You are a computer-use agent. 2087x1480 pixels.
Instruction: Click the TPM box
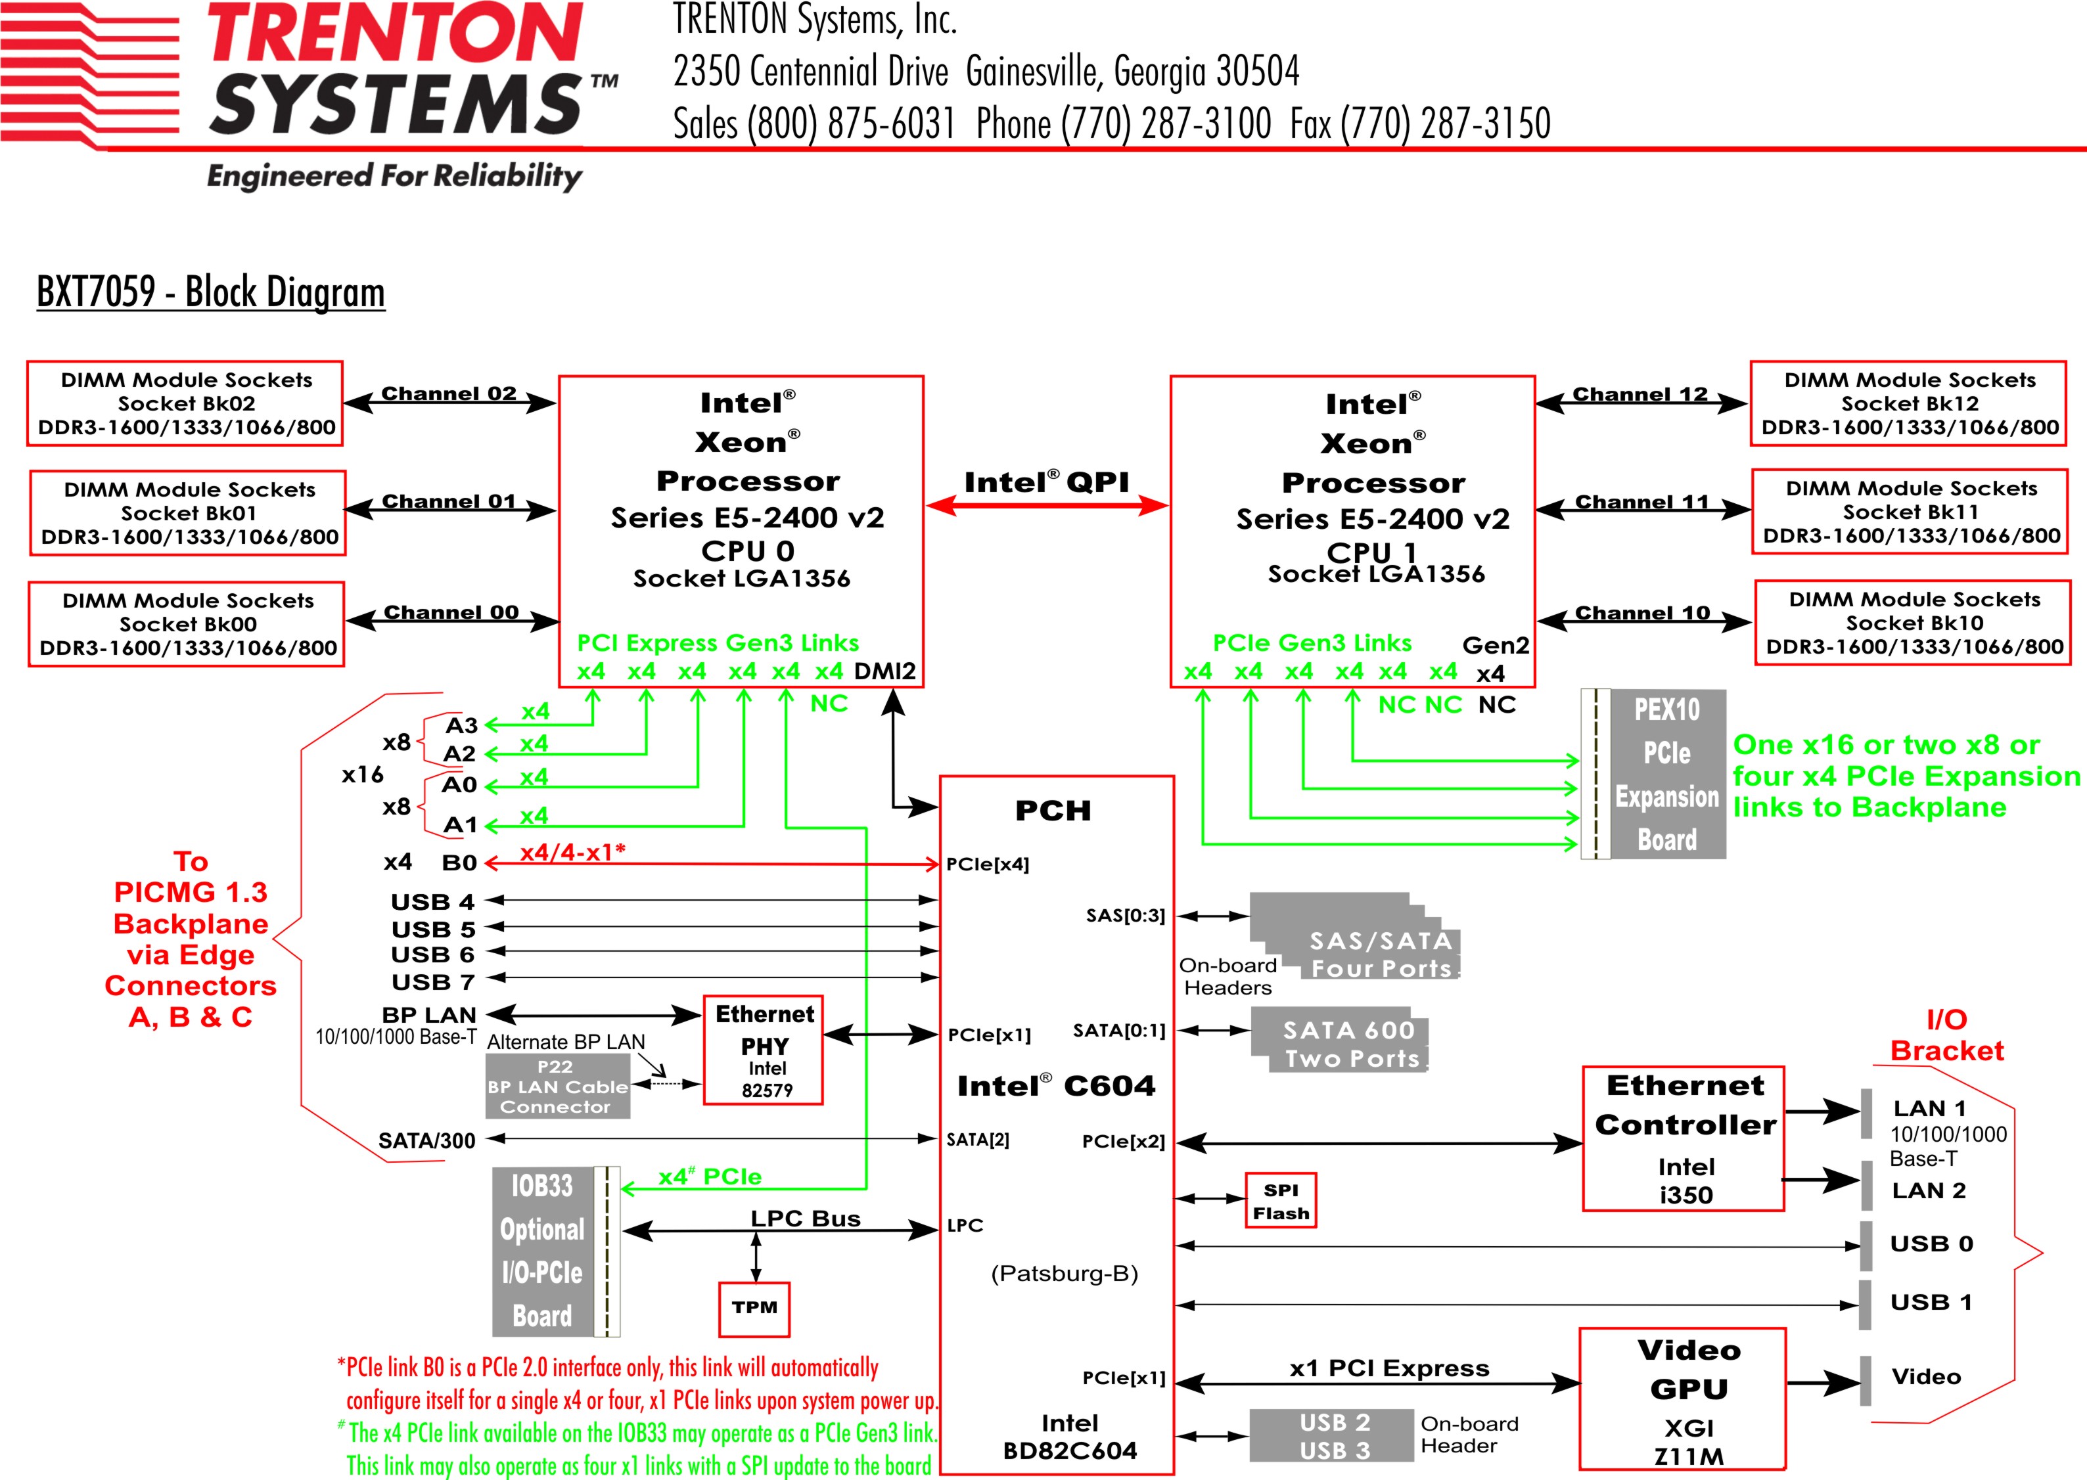(x=754, y=1309)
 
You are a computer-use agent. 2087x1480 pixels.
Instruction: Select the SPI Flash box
(x=1281, y=1200)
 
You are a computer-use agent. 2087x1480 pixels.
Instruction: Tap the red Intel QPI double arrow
(x=1046, y=506)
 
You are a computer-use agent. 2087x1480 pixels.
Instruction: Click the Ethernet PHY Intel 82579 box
(x=764, y=1050)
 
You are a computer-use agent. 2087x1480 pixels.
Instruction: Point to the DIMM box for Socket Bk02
(x=186, y=404)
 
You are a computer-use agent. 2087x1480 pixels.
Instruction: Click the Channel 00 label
(x=451, y=612)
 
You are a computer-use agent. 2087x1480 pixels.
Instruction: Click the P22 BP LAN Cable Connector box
(x=557, y=1087)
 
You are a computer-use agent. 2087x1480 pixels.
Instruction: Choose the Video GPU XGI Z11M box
(x=1682, y=1399)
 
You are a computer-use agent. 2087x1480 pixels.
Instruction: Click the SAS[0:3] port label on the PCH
(x=1124, y=915)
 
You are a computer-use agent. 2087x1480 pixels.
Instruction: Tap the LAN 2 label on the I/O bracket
(x=1929, y=1190)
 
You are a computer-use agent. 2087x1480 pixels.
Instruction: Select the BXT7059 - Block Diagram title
(x=210, y=292)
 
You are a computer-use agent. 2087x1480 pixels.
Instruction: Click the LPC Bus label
(x=805, y=1219)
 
